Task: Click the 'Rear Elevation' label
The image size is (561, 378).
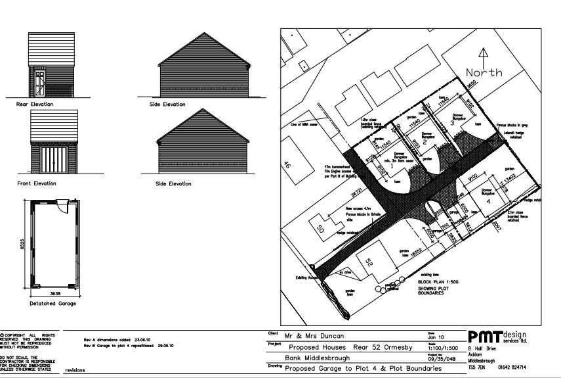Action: point(35,104)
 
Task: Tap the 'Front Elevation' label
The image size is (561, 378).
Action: point(35,183)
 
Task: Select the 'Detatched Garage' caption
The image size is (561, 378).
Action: point(52,303)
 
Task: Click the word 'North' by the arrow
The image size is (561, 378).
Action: point(484,72)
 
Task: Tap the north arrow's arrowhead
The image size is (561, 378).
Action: point(484,51)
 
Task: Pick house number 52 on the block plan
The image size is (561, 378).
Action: point(369,262)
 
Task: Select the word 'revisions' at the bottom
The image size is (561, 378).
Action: point(75,369)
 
